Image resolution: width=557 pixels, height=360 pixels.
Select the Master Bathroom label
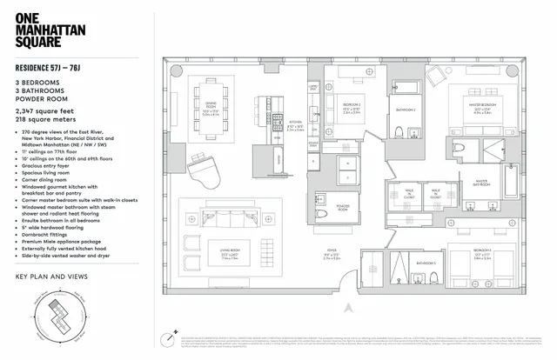(x=482, y=183)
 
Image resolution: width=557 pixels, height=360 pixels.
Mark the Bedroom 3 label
(x=485, y=250)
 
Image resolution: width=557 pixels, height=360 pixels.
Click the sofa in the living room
(x=223, y=217)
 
